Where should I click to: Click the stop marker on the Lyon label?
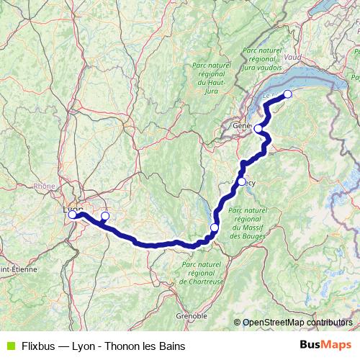(x=72, y=214)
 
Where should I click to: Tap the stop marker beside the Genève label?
(x=258, y=128)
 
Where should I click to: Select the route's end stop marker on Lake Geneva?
(x=287, y=94)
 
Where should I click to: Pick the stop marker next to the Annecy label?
(x=242, y=181)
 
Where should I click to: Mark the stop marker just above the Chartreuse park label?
(x=214, y=228)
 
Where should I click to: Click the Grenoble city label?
(x=192, y=315)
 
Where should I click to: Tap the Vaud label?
(x=293, y=56)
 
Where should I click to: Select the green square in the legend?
(x=9, y=346)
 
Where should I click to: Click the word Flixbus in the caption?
(x=40, y=346)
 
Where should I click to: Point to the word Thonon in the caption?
(x=132, y=346)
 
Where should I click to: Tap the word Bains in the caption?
(x=171, y=346)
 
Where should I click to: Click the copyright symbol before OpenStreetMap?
(x=238, y=323)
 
